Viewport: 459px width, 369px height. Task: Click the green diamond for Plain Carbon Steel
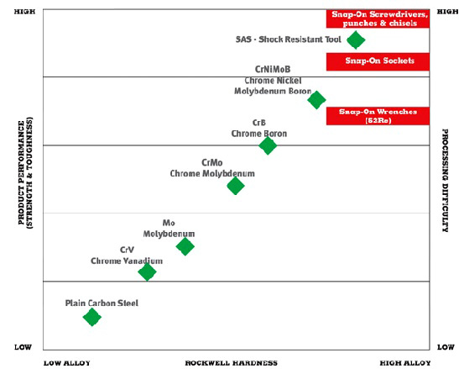point(92,317)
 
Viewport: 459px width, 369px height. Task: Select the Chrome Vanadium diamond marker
point(147,271)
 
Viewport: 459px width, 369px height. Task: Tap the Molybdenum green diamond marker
point(185,246)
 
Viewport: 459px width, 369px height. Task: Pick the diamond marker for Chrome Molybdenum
point(235,186)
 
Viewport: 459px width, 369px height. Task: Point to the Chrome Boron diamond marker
point(268,145)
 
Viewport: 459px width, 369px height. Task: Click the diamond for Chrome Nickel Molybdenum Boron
point(316,100)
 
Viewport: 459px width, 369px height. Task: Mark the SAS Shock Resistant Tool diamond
point(356,40)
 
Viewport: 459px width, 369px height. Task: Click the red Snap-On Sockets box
point(378,61)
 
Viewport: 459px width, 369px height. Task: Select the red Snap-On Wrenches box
point(378,116)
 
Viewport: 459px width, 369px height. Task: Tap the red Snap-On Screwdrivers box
point(378,18)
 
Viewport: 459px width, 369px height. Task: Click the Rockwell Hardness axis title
point(232,363)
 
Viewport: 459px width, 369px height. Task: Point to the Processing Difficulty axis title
point(445,181)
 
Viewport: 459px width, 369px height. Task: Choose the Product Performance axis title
point(25,173)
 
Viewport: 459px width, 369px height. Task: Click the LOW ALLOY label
point(67,363)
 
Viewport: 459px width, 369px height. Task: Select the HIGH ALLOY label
point(405,363)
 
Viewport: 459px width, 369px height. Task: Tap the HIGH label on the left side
point(24,12)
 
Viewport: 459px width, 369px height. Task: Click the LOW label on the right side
point(446,347)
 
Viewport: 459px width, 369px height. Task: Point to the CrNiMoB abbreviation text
point(273,69)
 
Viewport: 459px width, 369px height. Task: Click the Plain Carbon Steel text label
point(102,303)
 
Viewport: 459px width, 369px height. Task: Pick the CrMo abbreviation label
point(212,162)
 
